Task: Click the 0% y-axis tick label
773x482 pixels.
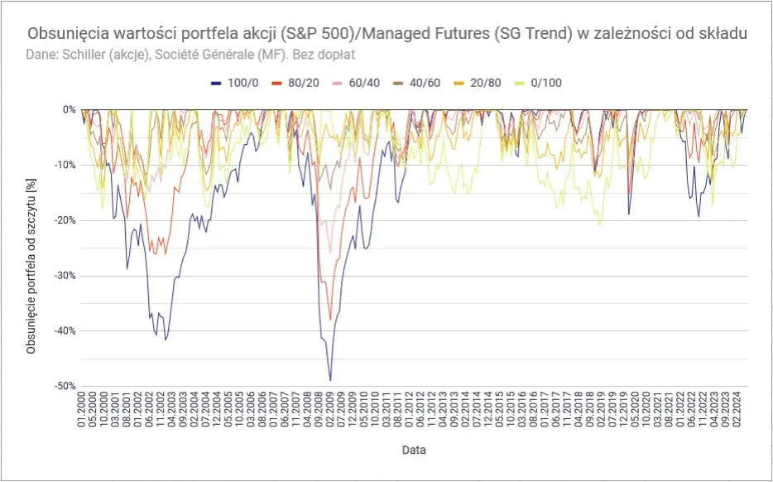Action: pos(70,109)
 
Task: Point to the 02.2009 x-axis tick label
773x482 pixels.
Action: pos(329,413)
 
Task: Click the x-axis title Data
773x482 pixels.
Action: pos(414,451)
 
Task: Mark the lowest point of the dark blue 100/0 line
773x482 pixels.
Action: pos(330,380)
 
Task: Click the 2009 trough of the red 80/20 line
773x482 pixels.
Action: pos(329,319)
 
